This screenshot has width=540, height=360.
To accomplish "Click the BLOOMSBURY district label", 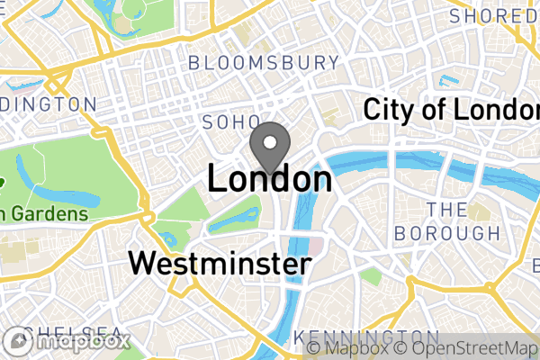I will click(x=264, y=63).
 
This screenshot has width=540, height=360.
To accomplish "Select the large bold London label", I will click(x=269, y=178).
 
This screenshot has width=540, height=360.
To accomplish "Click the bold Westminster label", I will click(x=220, y=264).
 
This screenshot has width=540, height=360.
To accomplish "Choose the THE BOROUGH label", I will click(x=447, y=220).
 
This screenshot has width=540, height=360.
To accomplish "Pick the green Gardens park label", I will click(x=45, y=213).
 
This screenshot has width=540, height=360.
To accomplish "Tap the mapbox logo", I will click(x=67, y=342).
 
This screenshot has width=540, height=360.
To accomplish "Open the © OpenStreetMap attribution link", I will click(x=461, y=347).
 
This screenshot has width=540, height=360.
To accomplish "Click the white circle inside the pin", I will click(x=269, y=139).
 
